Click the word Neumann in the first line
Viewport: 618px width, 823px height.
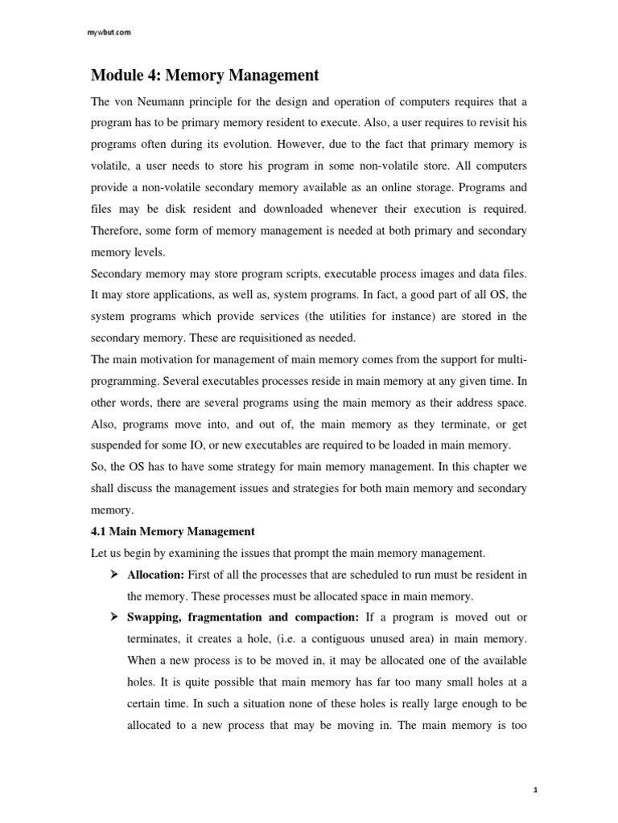tap(160, 102)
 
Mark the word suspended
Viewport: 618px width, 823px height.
tap(119, 444)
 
